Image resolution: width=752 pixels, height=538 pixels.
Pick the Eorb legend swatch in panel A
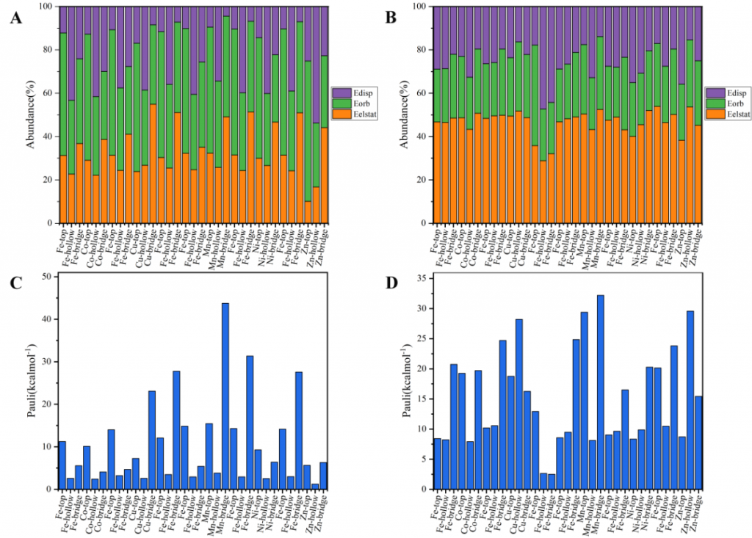pyautogui.click(x=340, y=103)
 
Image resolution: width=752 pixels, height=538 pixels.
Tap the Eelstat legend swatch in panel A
pyautogui.click(x=340, y=114)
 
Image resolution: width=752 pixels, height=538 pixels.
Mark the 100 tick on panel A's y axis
pyautogui.click(x=46, y=7)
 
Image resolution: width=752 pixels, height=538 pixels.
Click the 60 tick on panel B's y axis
pyautogui.click(x=422, y=93)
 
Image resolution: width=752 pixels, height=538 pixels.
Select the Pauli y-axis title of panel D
pyautogui.click(x=407, y=382)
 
